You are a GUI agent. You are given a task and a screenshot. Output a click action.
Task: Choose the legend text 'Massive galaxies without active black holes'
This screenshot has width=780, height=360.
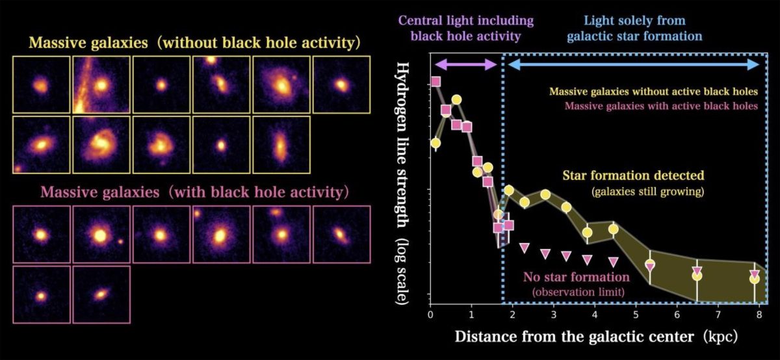click(x=653, y=92)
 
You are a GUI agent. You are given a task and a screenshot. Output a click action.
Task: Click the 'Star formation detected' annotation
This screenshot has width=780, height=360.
click(x=633, y=176)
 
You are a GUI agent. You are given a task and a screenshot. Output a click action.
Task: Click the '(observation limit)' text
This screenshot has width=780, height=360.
click(x=578, y=292)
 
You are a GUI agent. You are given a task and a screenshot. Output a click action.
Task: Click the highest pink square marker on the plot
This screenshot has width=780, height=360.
click(x=435, y=82)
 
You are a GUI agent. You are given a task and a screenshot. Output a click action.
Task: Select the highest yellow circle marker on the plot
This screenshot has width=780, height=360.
click(x=456, y=99)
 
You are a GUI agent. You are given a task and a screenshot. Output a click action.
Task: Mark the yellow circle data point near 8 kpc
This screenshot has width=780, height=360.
click(x=754, y=279)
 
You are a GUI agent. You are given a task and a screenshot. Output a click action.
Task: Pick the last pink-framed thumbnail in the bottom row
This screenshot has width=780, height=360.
click(x=101, y=294)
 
